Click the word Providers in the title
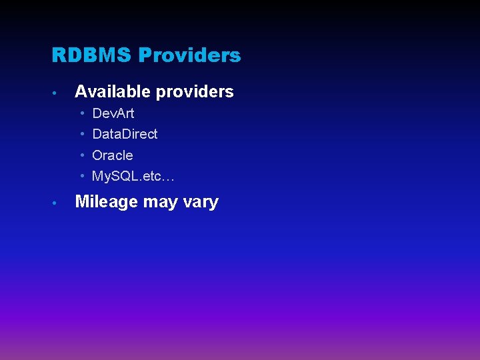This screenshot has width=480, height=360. click(x=189, y=55)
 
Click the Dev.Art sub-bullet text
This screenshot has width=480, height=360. click(x=113, y=113)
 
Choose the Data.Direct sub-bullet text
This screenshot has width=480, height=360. click(x=125, y=134)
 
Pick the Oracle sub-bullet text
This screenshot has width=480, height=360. click(x=112, y=155)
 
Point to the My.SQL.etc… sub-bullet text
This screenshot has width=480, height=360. click(x=133, y=177)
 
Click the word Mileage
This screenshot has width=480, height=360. click(x=107, y=202)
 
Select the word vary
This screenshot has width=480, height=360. click(x=200, y=203)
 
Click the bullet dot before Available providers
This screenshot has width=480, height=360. click(x=59, y=93)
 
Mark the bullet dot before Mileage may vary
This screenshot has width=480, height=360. click(x=59, y=203)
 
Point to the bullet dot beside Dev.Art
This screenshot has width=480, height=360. click(x=82, y=113)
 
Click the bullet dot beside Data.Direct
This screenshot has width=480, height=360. click(x=82, y=134)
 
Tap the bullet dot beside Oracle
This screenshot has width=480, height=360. click(x=82, y=155)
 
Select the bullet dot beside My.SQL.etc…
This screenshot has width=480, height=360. click(x=82, y=177)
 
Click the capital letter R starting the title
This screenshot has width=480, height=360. click(x=57, y=55)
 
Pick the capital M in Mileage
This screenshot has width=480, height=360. click(x=83, y=201)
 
